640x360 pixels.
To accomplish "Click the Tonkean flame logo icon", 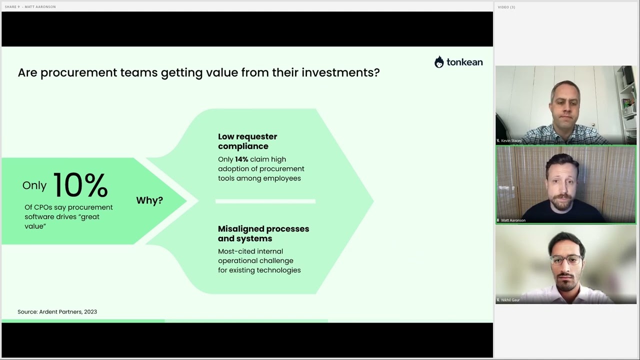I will [x=439, y=62].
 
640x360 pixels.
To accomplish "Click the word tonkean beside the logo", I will [x=464, y=62].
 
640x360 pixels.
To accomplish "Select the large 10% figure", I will [x=80, y=185].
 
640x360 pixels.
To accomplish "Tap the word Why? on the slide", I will [x=149, y=200].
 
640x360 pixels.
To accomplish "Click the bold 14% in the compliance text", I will [x=241, y=159].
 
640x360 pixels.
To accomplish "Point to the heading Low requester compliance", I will [x=247, y=141].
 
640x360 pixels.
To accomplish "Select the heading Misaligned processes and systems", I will [x=263, y=233].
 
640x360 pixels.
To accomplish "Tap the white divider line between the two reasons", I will [x=265, y=201].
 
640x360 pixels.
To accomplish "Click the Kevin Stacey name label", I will [x=511, y=141].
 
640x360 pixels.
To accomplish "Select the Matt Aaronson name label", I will [x=513, y=220].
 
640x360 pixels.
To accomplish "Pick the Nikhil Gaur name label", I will [x=510, y=300].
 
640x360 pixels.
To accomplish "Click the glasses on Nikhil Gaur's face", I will [x=566, y=260].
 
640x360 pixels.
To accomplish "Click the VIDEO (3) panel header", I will [x=506, y=7].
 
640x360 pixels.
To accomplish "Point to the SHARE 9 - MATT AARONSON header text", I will [x=30, y=7].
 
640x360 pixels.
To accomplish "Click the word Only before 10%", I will [x=34, y=185].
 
